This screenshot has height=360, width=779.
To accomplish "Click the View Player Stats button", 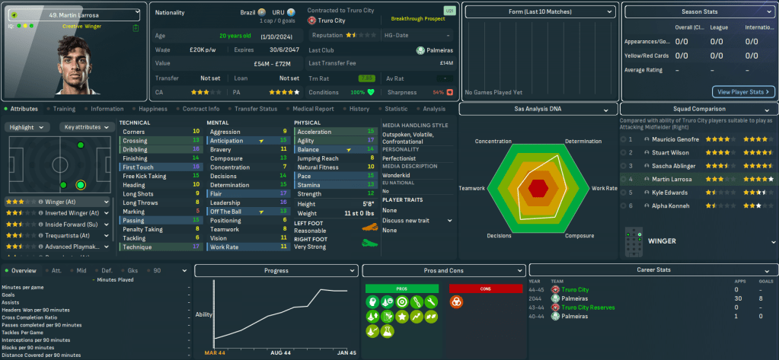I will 742,91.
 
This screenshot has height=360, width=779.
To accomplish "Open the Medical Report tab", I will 311,109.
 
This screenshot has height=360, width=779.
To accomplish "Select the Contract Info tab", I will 201,109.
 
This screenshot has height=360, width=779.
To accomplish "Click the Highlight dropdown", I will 28,127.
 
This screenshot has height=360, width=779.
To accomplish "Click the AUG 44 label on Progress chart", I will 281,352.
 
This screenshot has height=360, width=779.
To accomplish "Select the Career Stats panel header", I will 653,270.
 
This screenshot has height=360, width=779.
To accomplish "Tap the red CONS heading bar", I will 484,288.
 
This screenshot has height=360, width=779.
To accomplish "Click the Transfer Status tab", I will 256,109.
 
